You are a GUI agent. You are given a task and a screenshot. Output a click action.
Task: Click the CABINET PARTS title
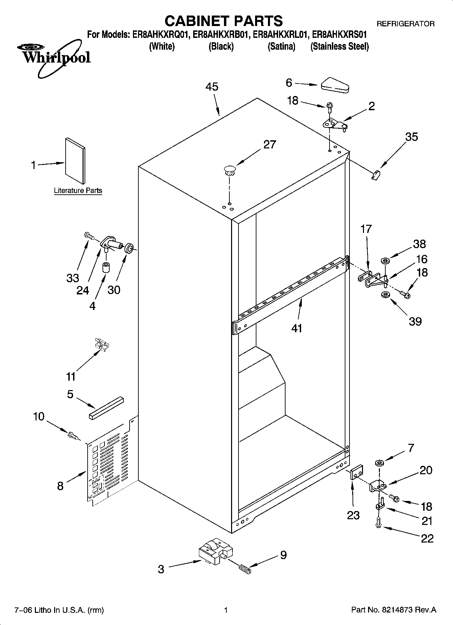click(x=223, y=21)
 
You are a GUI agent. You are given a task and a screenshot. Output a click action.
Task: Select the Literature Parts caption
click(x=78, y=191)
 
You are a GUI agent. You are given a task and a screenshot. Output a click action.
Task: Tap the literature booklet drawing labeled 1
click(x=75, y=160)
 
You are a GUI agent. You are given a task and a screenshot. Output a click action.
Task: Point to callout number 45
click(x=212, y=87)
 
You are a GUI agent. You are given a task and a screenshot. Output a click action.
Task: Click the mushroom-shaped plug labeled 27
click(x=229, y=169)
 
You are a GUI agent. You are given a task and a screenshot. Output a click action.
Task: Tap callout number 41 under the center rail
click(x=297, y=328)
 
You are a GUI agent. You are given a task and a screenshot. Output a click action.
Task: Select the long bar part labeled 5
click(x=106, y=408)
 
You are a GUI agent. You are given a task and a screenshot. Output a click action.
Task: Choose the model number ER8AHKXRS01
click(x=339, y=34)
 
